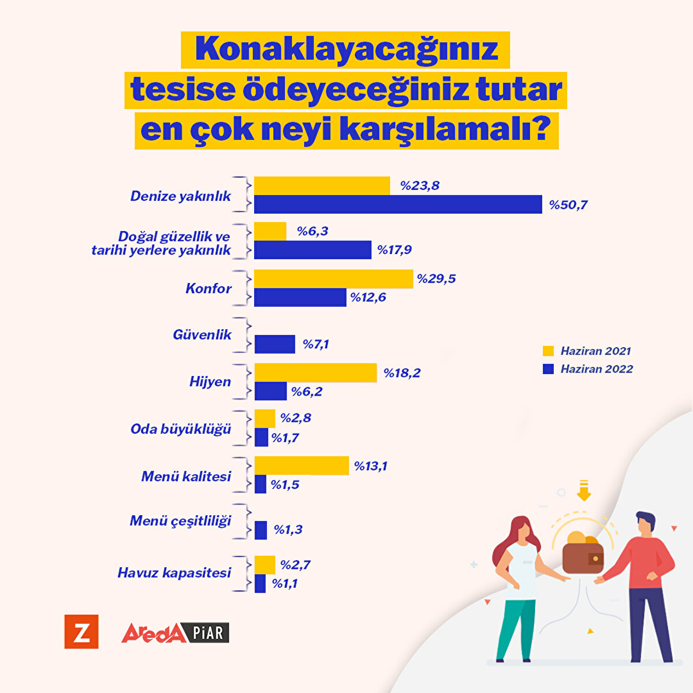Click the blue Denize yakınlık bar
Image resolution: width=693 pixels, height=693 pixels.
[398, 204]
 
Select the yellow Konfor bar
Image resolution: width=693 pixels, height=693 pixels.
[334, 278]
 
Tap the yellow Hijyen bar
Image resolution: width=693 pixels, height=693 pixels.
[315, 372]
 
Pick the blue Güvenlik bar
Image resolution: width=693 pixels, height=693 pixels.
[275, 344]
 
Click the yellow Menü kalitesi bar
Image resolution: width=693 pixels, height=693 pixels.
[301, 465]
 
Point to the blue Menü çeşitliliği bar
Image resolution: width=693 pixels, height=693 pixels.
[261, 530]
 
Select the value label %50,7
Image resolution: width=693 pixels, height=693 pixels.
[568, 205]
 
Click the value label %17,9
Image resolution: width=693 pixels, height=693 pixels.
[394, 250]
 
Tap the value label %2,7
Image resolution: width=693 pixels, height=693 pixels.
[295, 565]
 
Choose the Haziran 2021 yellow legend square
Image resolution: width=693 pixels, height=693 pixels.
[549, 351]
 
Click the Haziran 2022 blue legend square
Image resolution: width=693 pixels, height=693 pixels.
[549, 369]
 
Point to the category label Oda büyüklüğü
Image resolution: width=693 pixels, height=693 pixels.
[181, 429]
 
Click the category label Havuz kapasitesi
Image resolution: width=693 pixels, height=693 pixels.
[174, 572]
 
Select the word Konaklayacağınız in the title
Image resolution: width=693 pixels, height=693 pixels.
[346, 50]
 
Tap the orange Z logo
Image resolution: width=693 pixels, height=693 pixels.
[81, 632]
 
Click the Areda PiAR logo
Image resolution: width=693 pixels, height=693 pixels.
[175, 632]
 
